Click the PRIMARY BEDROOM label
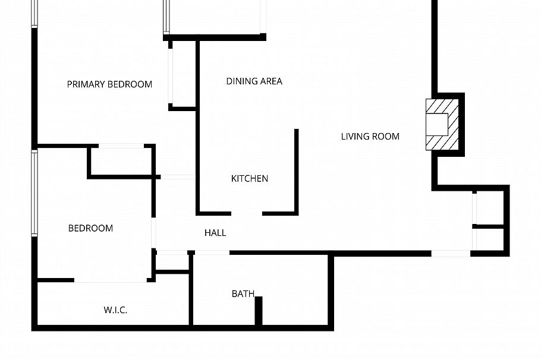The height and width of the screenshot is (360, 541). pos(109,84)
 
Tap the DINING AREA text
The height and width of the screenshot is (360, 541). pos(254,81)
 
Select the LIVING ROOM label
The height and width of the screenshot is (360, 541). pos(370,137)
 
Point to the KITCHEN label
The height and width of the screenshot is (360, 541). pos(250,178)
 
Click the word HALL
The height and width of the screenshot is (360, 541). pos(215,233)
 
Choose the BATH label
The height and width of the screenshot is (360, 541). pos(243,293)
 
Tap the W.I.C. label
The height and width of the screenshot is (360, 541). pos(115,310)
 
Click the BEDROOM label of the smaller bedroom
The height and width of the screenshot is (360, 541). pos(90,228)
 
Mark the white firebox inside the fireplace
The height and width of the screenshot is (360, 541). pos(439,124)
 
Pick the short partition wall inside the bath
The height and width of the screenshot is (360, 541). pos(259,310)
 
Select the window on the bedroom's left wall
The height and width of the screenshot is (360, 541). pos(34,193)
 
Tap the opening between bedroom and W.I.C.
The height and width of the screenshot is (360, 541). pos(111,280)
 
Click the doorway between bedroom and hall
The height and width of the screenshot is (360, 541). pos(153,233)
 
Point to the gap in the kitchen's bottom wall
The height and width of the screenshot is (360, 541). pos(247,213)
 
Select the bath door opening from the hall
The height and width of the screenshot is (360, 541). pos(212,253)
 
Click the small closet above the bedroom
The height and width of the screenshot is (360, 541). pos(121,161)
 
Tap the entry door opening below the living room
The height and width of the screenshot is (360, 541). pos(451,254)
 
